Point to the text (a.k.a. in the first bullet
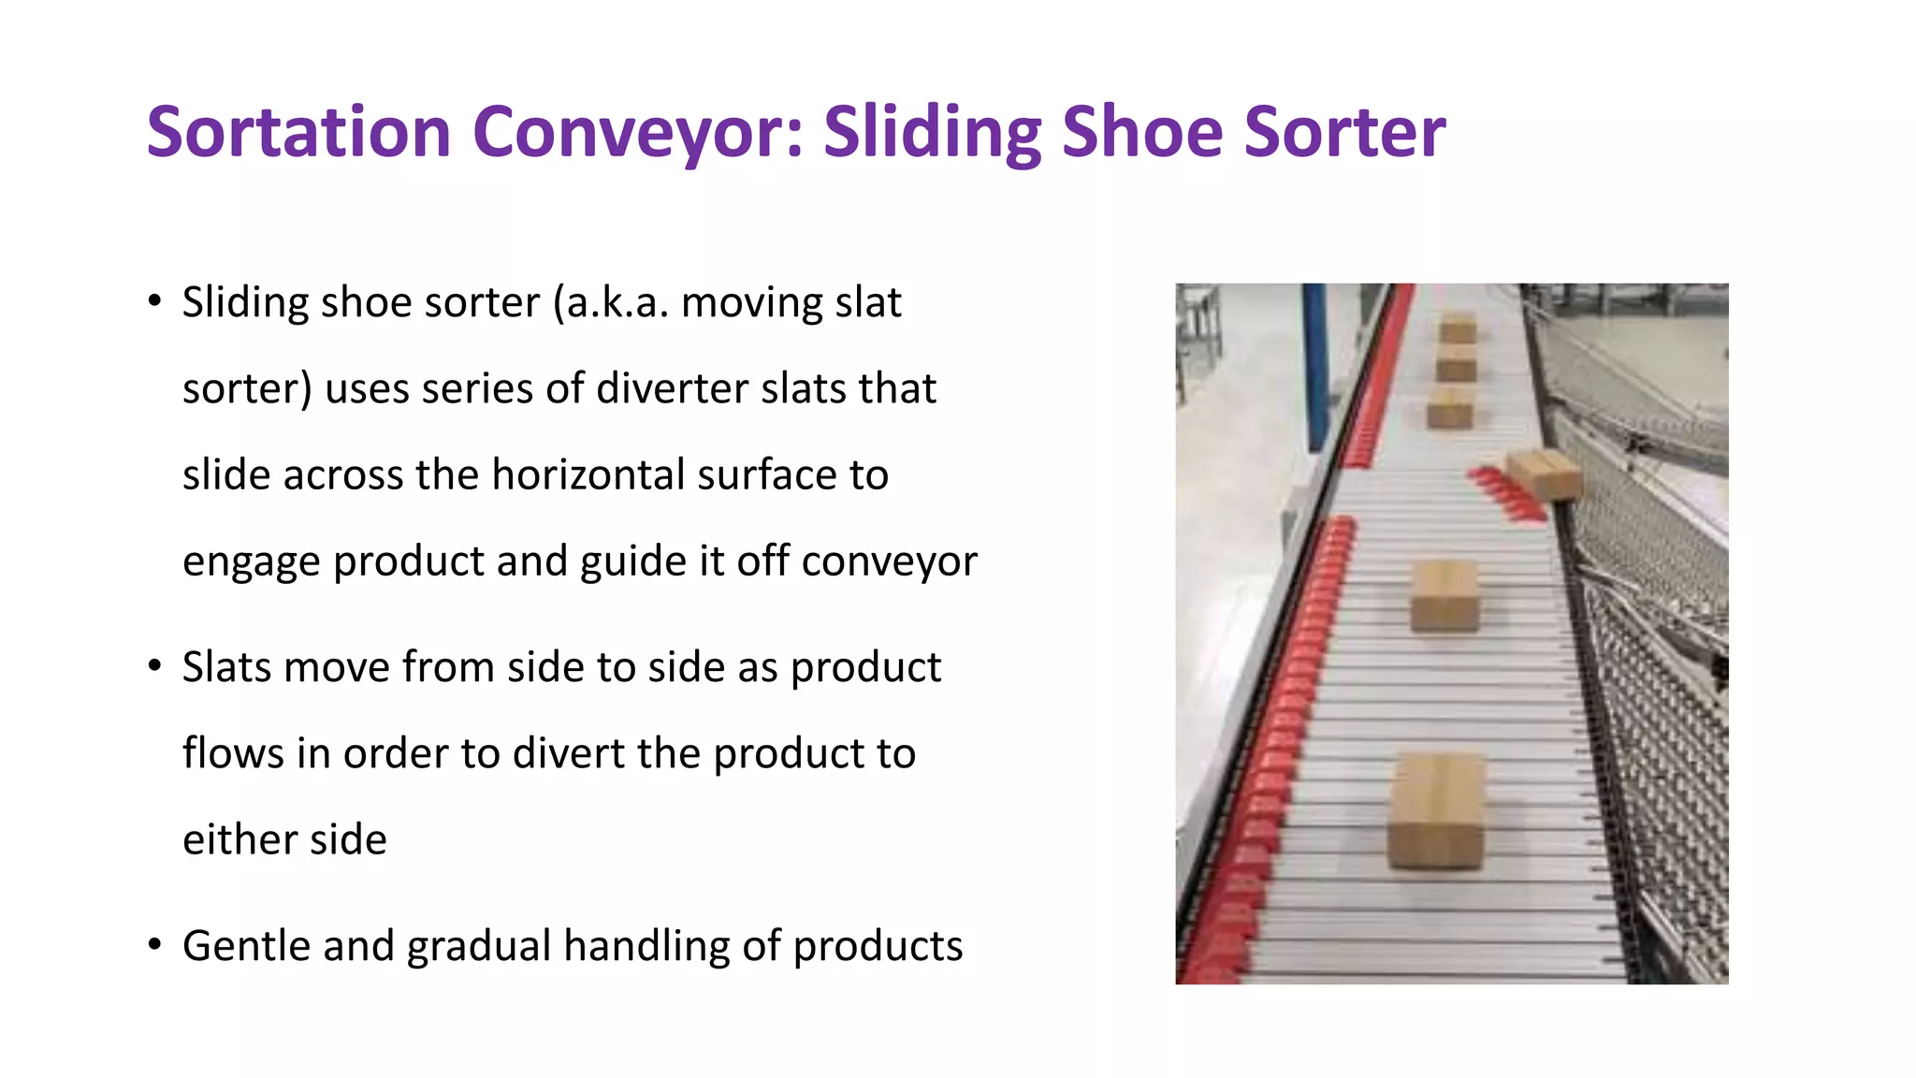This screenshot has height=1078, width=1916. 611,302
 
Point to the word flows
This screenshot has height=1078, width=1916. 233,753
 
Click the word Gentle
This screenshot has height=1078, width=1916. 246,946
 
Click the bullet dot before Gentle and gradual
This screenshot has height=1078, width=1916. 154,944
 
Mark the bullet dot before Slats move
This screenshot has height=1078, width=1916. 154,665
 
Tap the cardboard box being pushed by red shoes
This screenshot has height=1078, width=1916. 1544,473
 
